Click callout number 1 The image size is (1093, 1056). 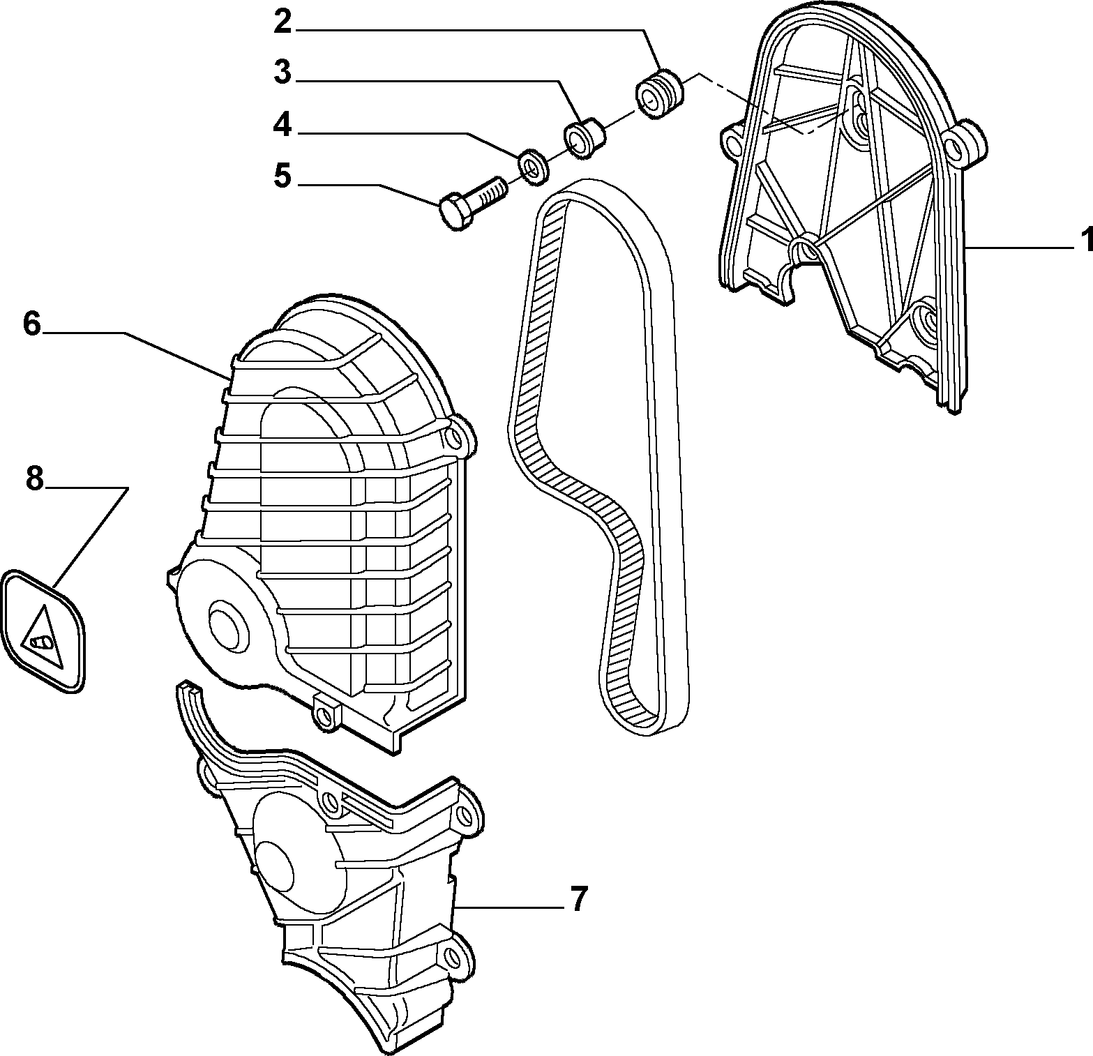[x=1085, y=241]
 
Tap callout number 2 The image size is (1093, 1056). [x=282, y=22]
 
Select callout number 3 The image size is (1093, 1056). [x=282, y=72]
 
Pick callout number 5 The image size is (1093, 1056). [x=282, y=175]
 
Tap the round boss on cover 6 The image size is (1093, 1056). [x=226, y=624]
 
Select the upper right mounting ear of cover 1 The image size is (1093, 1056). [x=965, y=140]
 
